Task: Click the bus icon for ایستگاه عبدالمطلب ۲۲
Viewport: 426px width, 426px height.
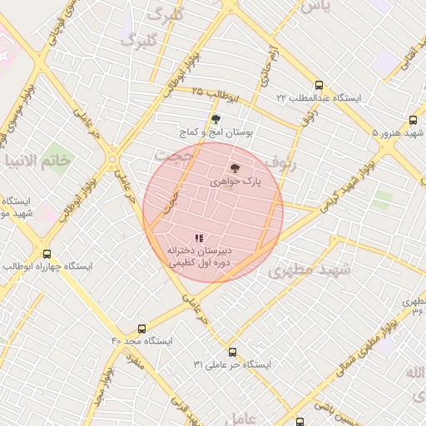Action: [319, 85]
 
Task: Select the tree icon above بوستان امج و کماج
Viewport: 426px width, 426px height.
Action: [216, 119]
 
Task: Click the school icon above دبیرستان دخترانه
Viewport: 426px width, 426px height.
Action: [199, 238]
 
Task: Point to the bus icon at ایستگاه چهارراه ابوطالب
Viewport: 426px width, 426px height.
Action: [47, 254]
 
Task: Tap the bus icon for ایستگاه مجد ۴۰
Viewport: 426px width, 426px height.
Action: [141, 329]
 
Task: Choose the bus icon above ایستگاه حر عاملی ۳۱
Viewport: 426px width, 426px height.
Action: [232, 352]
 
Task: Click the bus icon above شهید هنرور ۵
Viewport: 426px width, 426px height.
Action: [414, 120]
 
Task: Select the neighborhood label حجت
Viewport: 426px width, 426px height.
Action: [175, 156]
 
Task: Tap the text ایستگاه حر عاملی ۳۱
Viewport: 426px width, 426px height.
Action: [232, 364]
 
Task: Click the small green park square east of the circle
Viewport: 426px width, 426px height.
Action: [383, 200]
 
